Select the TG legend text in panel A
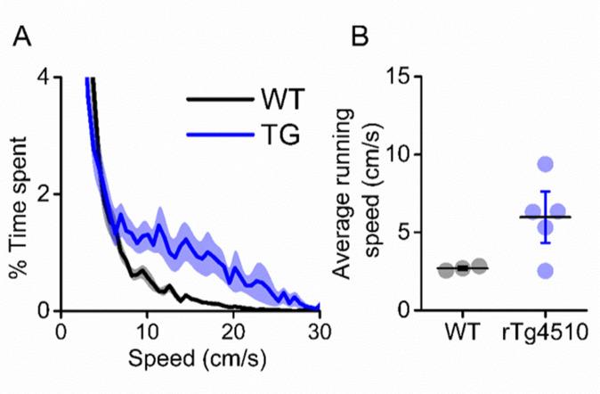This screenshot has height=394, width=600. pyautogui.click(x=276, y=135)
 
